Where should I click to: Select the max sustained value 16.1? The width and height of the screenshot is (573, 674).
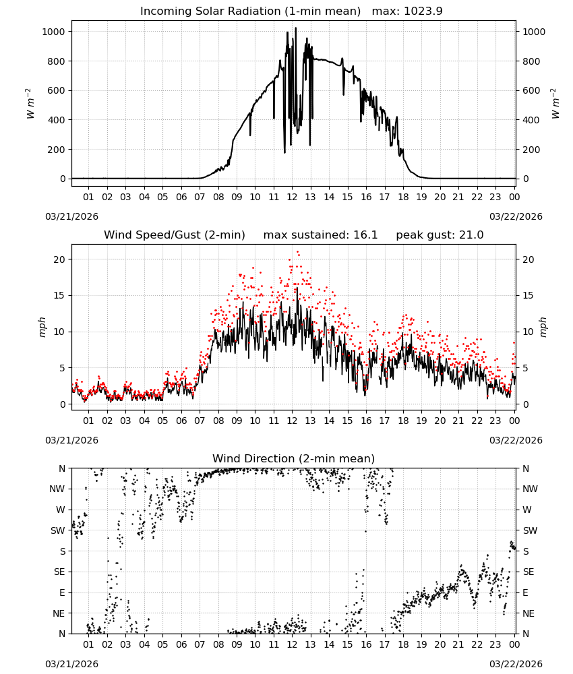click(x=365, y=235)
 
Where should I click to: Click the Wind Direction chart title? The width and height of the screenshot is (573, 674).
click(x=294, y=458)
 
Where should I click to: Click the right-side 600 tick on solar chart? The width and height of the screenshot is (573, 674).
click(x=531, y=90)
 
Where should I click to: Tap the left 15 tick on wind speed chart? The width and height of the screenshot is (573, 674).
click(x=59, y=295)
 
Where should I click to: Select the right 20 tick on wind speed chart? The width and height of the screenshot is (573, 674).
click(x=529, y=259)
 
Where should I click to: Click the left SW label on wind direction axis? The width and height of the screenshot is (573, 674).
click(x=58, y=530)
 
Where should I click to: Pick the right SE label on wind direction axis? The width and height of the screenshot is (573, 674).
click(x=529, y=572)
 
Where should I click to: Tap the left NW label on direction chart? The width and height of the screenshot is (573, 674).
click(x=57, y=489)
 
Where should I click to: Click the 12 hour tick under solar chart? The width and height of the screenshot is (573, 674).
click(x=292, y=197)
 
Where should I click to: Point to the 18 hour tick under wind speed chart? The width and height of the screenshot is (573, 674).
click(x=403, y=421)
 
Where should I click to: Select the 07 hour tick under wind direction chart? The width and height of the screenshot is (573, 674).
click(x=200, y=645)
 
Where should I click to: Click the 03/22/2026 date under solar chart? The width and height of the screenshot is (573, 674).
click(x=516, y=216)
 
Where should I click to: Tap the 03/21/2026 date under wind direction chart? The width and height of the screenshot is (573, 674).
click(x=71, y=664)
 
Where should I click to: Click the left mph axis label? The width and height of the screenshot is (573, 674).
click(x=42, y=327)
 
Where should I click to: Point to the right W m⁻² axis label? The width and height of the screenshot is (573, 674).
click(x=555, y=104)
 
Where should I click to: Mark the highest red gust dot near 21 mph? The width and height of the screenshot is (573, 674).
click(x=298, y=252)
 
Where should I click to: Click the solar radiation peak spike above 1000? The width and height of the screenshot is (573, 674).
click(x=295, y=28)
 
